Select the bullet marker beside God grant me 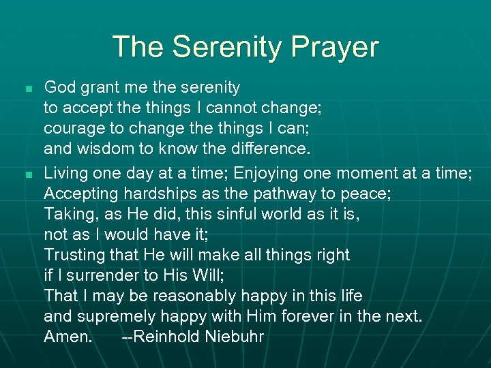coord(27,89)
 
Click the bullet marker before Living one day coord(27,175)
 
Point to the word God coord(59,87)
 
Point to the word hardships coord(158,194)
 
